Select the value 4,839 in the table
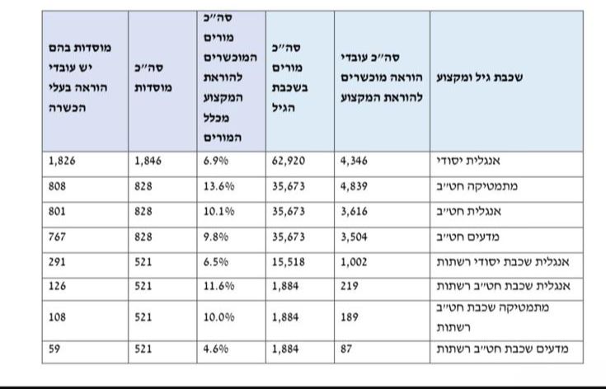(355, 187)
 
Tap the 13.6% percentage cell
(218, 187)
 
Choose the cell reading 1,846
(150, 162)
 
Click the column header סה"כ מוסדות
(153, 80)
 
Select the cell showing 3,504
(355, 237)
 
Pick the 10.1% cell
(218, 212)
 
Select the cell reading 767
(58, 237)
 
